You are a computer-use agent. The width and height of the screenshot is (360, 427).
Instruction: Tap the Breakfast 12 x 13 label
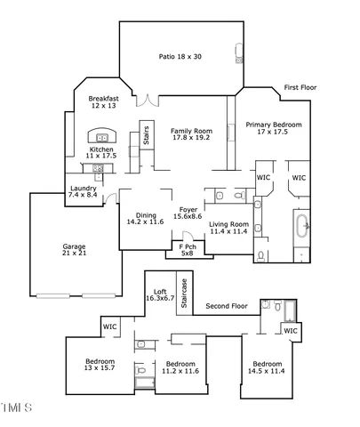click(104, 102)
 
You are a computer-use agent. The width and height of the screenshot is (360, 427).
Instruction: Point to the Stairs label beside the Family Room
click(147, 135)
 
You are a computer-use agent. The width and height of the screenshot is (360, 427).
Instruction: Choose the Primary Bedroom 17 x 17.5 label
click(273, 128)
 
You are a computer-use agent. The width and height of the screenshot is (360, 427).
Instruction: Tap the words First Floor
click(300, 87)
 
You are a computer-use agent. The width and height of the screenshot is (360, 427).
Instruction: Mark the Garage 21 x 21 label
click(74, 250)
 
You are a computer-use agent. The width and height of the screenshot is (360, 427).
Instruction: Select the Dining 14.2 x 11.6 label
click(145, 218)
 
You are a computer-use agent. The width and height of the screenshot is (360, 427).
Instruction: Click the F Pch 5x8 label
click(187, 250)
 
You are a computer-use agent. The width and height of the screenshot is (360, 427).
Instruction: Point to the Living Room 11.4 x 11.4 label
click(228, 229)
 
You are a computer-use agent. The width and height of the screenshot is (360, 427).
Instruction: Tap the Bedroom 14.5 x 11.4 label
click(267, 367)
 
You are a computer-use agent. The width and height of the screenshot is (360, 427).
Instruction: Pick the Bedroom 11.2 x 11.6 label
click(180, 367)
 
